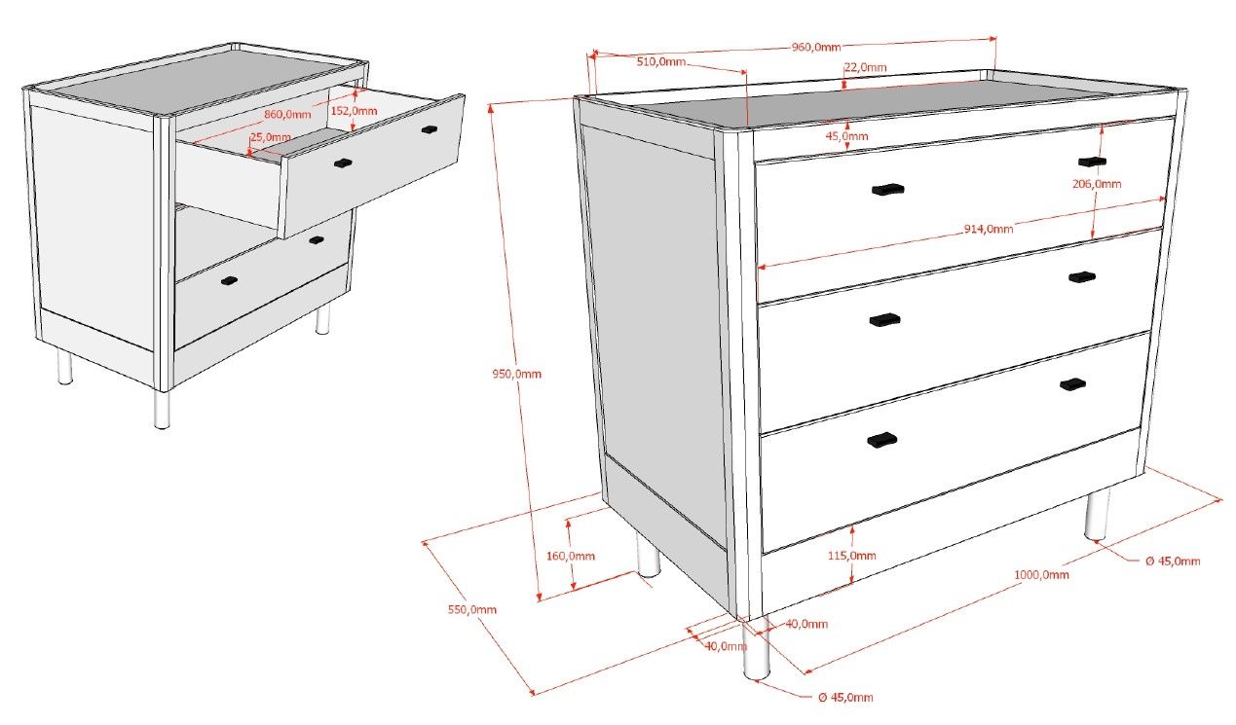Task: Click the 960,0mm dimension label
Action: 815,47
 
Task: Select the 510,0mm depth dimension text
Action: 660,61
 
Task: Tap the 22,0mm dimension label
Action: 865,67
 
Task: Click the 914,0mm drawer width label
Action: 988,230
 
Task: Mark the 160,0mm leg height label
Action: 571,556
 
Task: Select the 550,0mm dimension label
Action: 472,610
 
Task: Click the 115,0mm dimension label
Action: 851,556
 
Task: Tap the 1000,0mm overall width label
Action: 1041,574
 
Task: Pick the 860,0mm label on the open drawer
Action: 287,115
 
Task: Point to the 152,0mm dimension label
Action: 354,111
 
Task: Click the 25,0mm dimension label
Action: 270,137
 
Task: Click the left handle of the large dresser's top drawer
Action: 888,190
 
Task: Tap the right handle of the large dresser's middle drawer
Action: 1081,277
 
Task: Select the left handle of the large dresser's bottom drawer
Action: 881,440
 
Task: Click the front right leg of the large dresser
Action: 1097,516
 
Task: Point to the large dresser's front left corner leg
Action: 755,650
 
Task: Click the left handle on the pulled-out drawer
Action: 342,163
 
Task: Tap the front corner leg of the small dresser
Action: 162,409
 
